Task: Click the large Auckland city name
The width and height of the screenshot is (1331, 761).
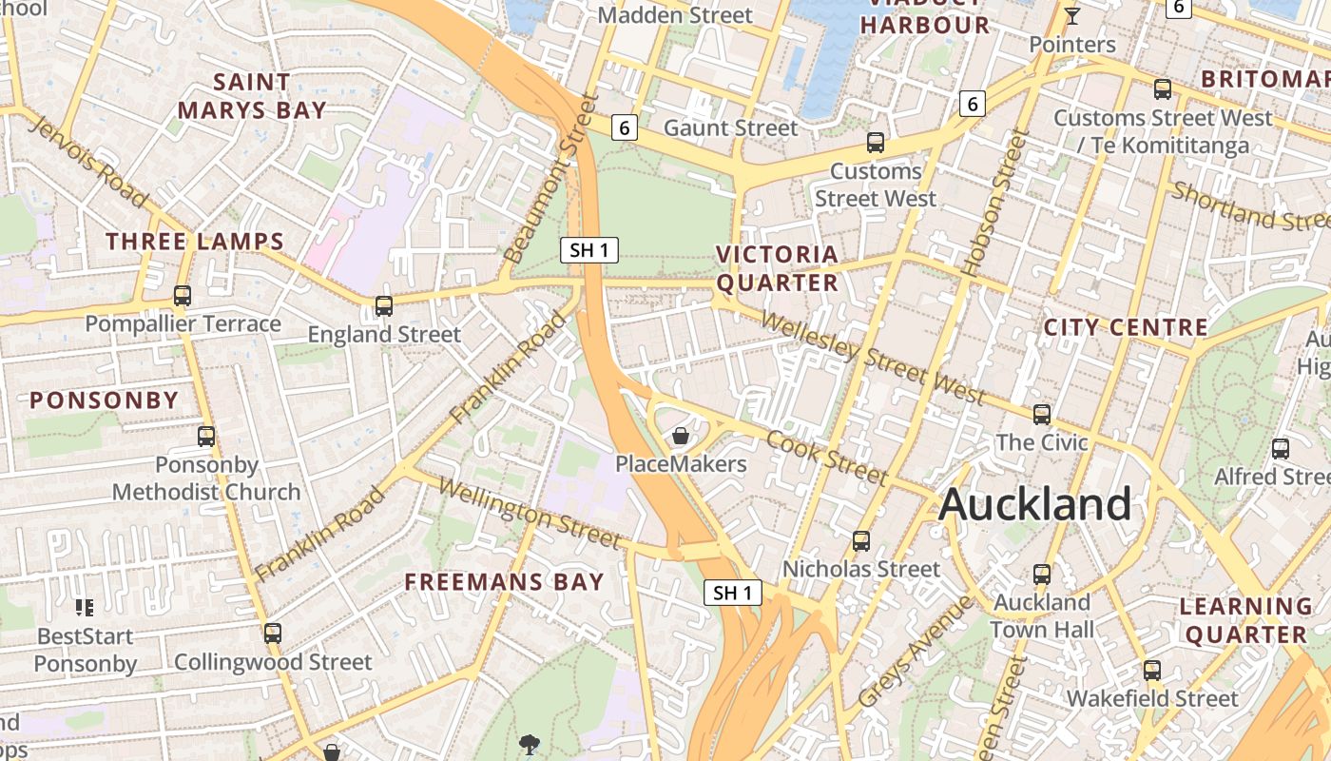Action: tap(1034, 504)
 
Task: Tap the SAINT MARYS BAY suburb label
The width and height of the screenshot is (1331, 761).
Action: tap(252, 96)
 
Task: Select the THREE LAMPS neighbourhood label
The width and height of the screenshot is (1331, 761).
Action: tap(195, 242)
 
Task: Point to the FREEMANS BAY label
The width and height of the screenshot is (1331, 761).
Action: tap(504, 582)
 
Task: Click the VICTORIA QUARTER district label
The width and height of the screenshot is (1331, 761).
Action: tap(778, 268)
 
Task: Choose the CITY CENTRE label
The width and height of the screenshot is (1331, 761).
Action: tap(1126, 328)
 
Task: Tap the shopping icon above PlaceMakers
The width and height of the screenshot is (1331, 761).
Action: tap(681, 437)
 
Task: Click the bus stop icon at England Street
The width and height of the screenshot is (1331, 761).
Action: tap(384, 306)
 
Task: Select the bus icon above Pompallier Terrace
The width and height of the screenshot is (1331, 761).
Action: tap(183, 296)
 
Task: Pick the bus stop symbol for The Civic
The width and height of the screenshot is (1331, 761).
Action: tap(1042, 415)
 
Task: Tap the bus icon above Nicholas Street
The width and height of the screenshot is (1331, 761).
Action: tap(861, 541)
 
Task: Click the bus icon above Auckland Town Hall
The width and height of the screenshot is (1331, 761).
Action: tap(1042, 575)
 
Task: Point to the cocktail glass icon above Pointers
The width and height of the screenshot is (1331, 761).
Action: tap(1072, 16)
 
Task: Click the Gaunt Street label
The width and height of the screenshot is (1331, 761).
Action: tap(730, 127)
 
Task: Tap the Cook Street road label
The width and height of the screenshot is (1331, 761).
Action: tap(826, 458)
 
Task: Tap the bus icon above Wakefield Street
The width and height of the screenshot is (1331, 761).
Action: tap(1152, 671)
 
